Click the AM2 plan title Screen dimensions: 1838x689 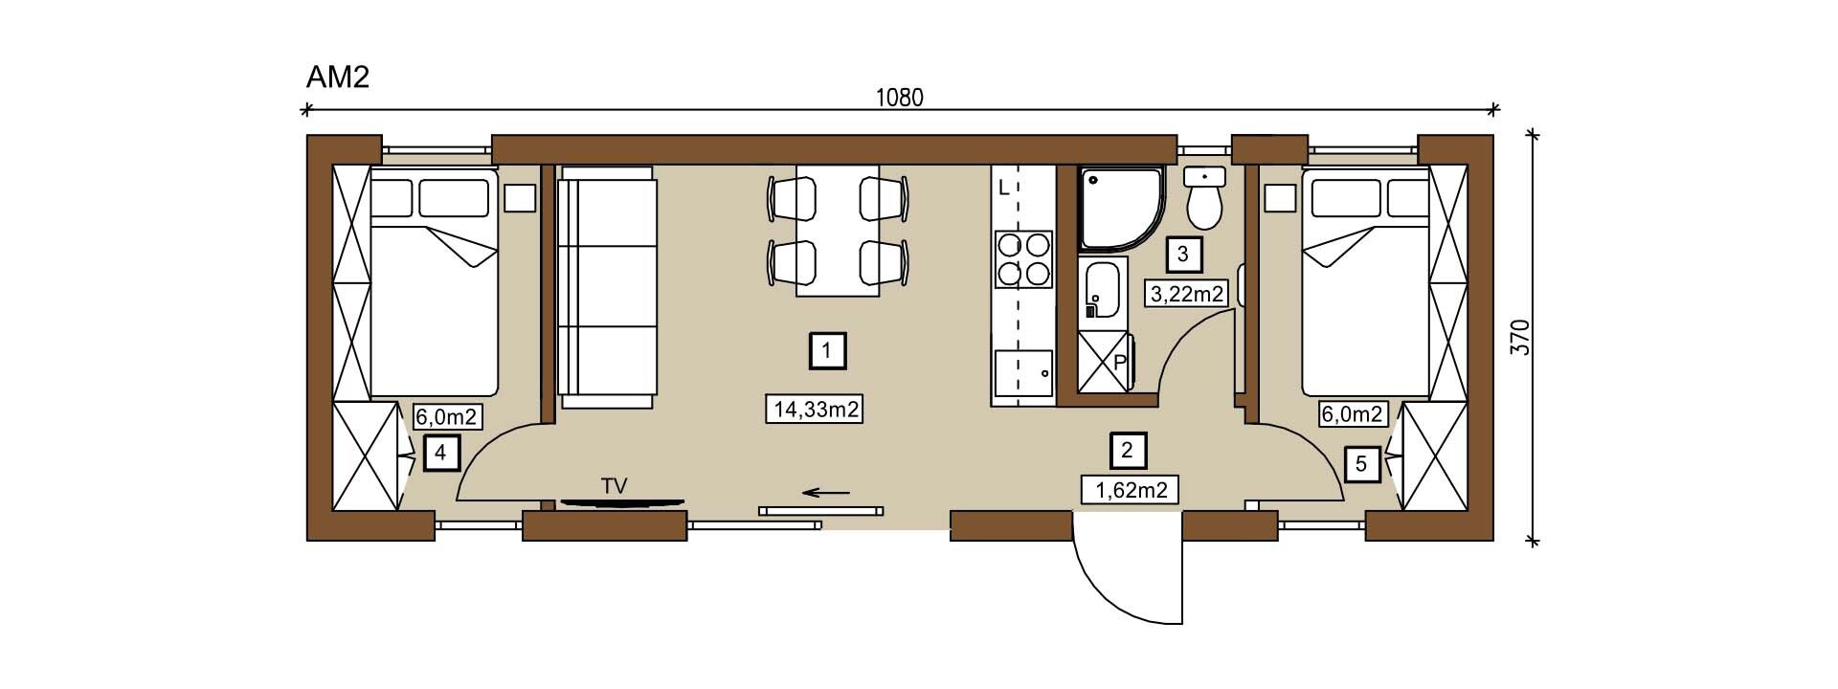[x=337, y=78]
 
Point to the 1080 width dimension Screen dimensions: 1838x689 [x=900, y=98]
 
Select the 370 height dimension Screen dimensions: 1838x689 [x=1521, y=338]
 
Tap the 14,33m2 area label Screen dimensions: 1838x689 [x=817, y=410]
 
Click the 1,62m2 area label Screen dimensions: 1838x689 [x=1131, y=490]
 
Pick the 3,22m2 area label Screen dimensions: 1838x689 [x=1186, y=293]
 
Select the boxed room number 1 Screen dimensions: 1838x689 [x=827, y=350]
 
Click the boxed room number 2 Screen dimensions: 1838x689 [x=1128, y=449]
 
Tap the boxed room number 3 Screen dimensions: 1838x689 [x=1183, y=255]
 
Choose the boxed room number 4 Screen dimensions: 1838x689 [x=440, y=453]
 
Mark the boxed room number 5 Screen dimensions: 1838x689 [x=1361, y=464]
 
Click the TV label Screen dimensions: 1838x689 [x=614, y=486]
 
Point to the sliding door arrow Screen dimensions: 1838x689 [x=826, y=493]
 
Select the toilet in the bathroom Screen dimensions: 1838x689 [x=1204, y=199]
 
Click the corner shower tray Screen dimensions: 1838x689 [x=1121, y=210]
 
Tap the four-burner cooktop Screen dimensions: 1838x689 [x=1023, y=259]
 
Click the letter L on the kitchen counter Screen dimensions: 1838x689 [x=1003, y=188]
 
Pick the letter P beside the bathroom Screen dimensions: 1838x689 [x=1119, y=363]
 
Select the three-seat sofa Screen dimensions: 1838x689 [x=607, y=287]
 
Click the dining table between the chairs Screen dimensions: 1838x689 [x=838, y=231]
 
